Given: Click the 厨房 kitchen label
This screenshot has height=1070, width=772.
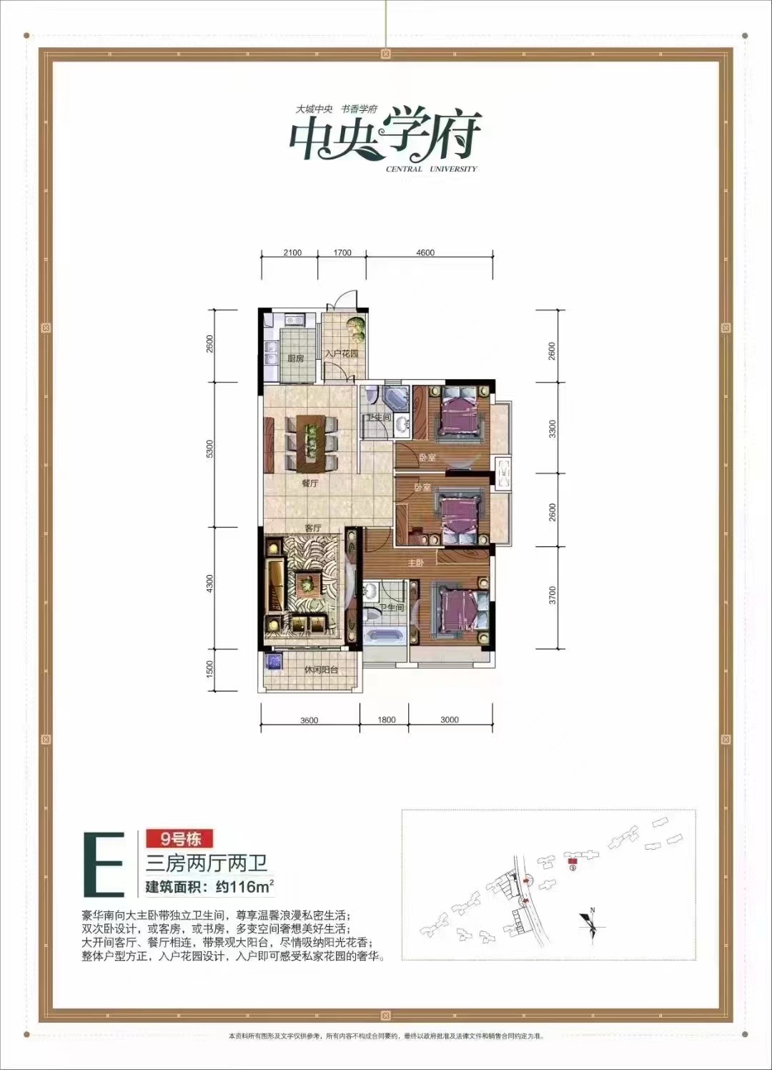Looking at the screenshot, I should click(295, 358).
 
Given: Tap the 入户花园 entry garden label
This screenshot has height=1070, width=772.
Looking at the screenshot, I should click(341, 354).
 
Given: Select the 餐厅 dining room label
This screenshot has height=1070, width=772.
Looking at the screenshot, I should click(310, 484).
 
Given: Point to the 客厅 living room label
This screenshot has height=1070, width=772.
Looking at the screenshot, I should click(312, 528).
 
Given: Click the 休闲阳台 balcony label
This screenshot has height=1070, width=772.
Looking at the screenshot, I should click(320, 670).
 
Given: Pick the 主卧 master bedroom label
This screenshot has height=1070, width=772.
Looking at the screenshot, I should click(416, 563).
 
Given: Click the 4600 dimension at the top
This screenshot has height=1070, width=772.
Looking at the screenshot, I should click(425, 252).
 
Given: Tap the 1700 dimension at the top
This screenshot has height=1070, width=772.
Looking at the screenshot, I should click(342, 252).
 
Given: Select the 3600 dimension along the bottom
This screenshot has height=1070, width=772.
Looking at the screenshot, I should click(310, 720).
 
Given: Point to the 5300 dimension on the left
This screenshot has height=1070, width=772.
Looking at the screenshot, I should click(209, 449).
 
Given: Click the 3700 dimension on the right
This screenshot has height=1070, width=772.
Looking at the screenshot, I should click(553, 595).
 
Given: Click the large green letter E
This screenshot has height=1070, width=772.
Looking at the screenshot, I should click(104, 864).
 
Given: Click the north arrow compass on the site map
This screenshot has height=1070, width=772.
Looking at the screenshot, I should click(591, 923).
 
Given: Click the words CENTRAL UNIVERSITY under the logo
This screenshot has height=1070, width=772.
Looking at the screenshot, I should click(431, 170).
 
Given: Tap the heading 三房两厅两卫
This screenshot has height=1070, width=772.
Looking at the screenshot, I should click(207, 863).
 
